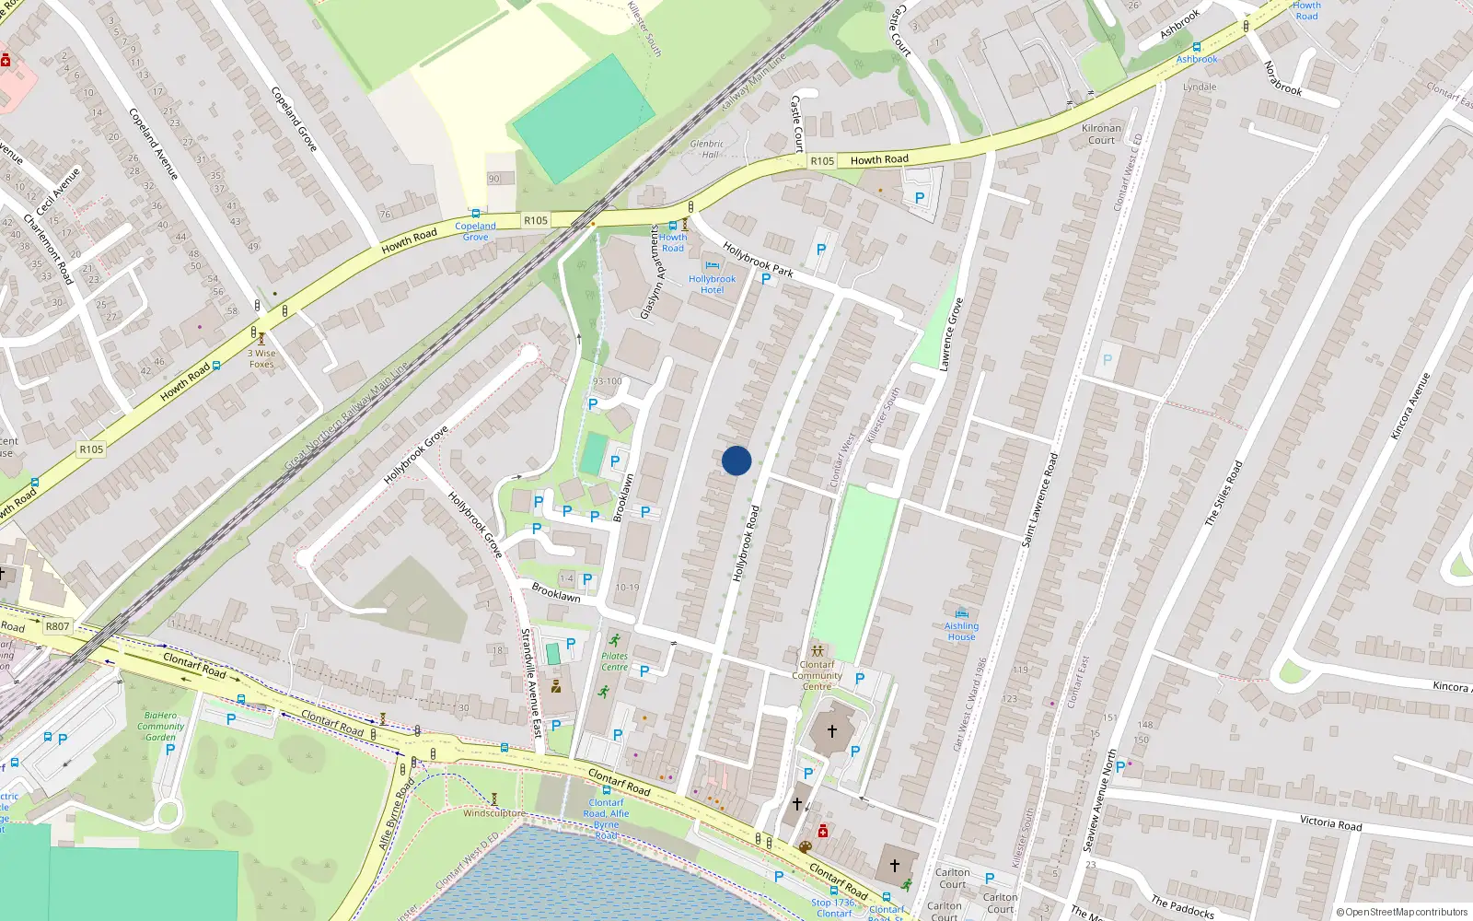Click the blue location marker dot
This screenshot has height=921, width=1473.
(736, 460)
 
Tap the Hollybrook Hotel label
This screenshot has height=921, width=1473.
(712, 284)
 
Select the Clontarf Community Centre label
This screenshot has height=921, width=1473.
(817, 675)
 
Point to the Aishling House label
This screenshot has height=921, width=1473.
(961, 631)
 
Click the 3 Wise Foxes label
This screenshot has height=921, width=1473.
(262, 358)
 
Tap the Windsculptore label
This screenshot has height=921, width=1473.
(493, 813)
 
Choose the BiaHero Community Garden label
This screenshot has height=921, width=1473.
(160, 726)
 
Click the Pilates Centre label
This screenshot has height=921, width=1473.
(614, 661)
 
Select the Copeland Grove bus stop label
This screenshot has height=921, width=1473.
(475, 231)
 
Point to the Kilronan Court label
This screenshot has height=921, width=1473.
(1101, 134)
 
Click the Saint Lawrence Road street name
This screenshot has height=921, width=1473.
(1040, 499)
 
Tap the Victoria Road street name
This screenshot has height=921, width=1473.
(1330, 822)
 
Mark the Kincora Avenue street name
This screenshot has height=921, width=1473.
(1410, 405)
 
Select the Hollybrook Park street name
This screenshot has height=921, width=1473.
(758, 259)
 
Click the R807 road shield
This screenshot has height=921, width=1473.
(57, 626)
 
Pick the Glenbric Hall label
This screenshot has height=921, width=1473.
(706, 148)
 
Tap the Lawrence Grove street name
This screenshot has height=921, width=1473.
(951, 333)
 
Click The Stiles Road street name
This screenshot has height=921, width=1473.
(1224, 493)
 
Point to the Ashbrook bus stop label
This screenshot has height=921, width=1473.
(1197, 59)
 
